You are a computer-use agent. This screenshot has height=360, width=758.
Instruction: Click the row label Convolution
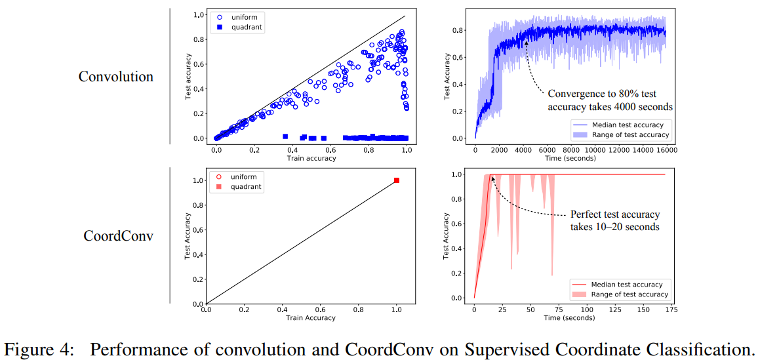(116, 77)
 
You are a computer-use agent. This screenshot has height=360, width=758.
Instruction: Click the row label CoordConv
(119, 235)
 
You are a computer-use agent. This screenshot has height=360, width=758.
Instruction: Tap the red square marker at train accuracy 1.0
(396, 180)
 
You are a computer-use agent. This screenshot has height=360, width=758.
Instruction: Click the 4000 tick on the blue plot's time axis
(525, 150)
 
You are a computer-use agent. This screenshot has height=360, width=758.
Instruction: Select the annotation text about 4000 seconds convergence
(610, 100)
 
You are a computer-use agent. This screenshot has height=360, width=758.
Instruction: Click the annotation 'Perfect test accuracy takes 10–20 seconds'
(614, 220)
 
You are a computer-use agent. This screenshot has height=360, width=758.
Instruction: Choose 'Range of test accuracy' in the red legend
(629, 294)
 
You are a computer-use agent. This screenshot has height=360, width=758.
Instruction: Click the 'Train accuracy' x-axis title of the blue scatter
(311, 158)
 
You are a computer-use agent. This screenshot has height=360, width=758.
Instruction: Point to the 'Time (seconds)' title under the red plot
(569, 317)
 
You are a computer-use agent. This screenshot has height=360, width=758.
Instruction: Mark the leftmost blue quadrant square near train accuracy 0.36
(285, 136)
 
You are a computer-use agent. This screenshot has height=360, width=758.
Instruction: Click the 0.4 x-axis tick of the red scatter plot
(282, 310)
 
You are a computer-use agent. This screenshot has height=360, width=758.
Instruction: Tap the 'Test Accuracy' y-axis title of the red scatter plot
(188, 235)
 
